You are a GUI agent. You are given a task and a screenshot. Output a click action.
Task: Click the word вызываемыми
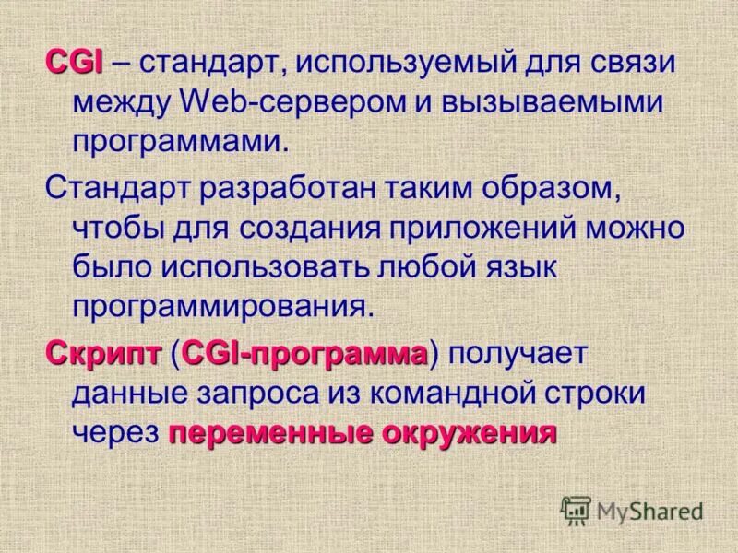coord(565,103)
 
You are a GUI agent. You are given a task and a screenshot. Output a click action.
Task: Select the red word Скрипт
coord(102,353)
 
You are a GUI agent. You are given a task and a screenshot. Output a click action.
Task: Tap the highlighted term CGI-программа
coord(306,353)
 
